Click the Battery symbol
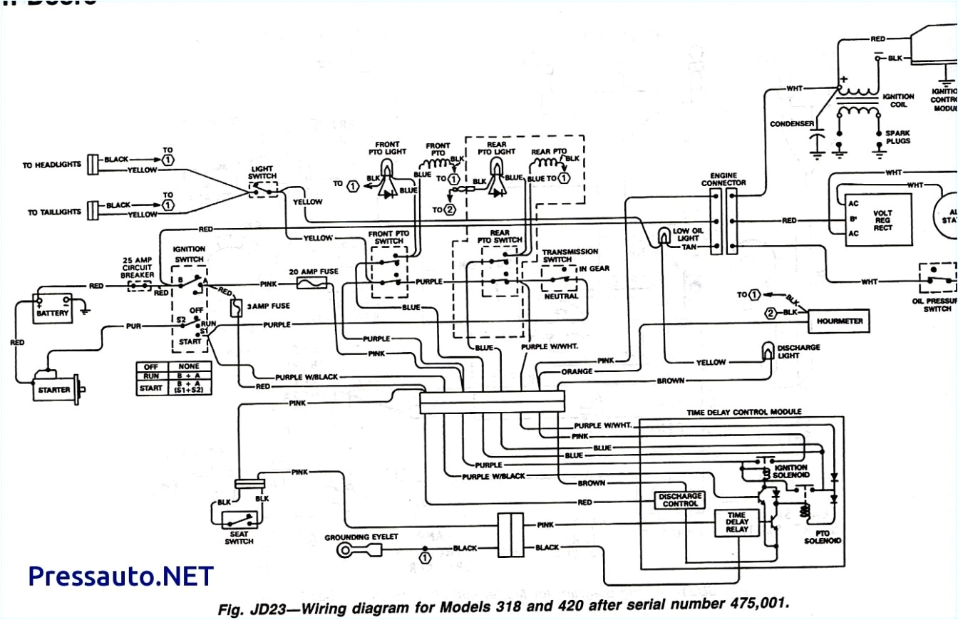[53, 306]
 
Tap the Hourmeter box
[840, 321]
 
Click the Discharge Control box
[679, 500]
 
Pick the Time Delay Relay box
[736, 524]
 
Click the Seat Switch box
[239, 520]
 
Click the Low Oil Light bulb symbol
[664, 236]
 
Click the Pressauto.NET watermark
[120, 576]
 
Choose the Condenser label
[792, 124]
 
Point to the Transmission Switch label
[570, 256]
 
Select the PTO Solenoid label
[822, 536]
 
